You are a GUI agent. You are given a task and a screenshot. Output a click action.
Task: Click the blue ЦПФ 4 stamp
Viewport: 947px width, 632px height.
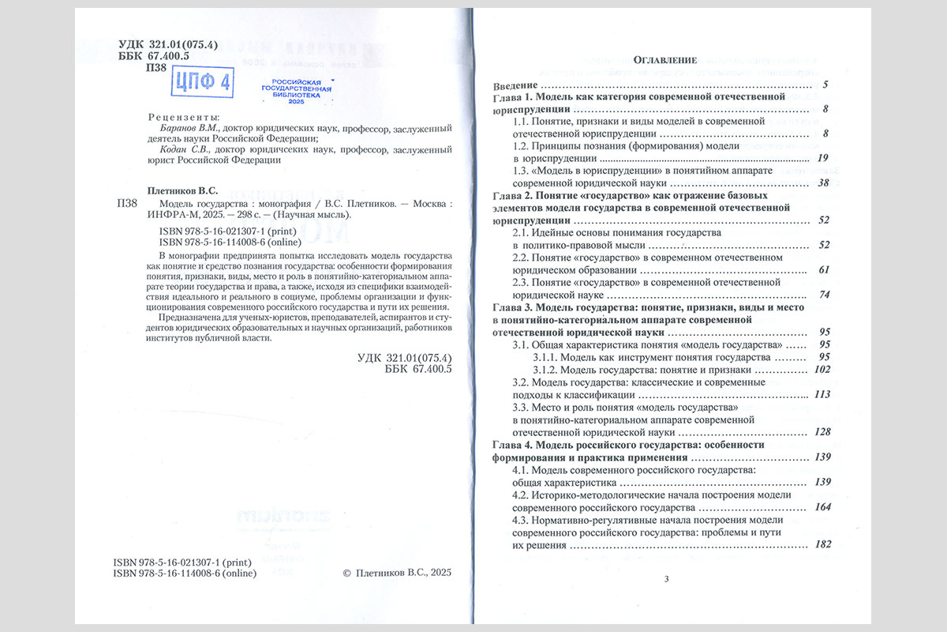coord(202,81)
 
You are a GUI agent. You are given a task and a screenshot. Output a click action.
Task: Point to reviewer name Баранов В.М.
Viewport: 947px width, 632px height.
coord(184,127)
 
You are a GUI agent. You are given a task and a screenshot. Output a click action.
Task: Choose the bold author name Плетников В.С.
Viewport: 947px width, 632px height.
coord(182,190)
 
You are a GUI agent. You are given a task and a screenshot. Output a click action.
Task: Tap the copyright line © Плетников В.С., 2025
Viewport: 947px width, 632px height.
coord(397,574)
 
